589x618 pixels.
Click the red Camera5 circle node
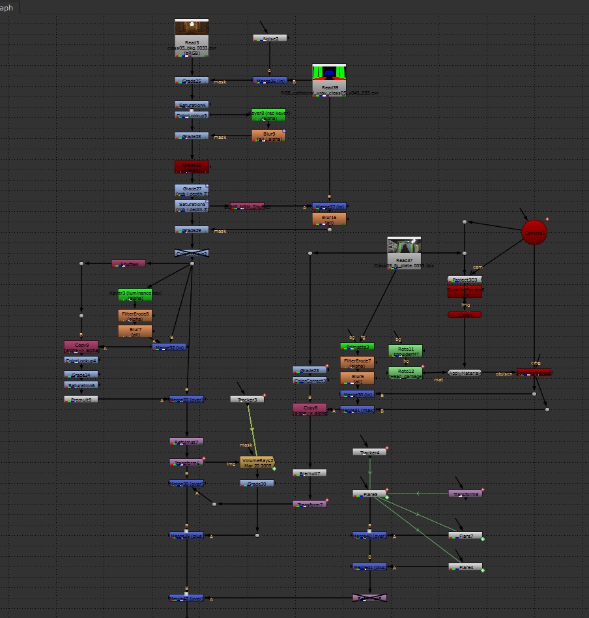534,233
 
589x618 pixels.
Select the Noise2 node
270,38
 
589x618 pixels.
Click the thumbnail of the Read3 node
192,28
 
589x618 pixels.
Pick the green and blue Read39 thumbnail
329,72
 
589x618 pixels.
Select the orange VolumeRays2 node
257,462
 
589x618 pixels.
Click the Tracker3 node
247,399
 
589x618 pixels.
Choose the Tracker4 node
369,452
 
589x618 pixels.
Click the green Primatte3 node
357,347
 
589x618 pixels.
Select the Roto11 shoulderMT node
405,351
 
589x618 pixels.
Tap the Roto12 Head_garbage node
405,373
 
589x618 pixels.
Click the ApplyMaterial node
465,373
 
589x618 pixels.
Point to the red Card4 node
465,314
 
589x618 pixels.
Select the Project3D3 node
465,279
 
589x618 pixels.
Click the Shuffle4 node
128,263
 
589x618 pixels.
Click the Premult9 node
81,399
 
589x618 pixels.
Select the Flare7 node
465,536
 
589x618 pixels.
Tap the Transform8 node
465,494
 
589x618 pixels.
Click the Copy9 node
81,347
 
